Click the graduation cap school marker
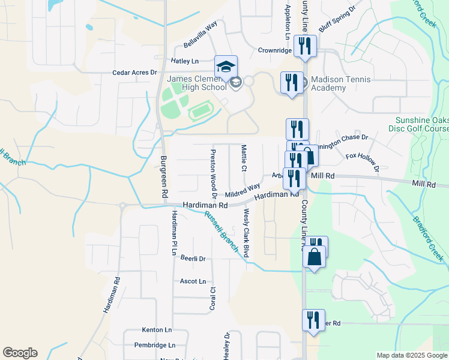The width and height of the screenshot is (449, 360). pyautogui.click(x=226, y=67)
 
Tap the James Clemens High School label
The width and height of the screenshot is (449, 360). pyautogui.click(x=197, y=83)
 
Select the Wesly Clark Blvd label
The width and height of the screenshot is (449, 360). pyautogui.click(x=246, y=234)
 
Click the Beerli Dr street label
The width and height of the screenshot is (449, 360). pyautogui.click(x=193, y=259)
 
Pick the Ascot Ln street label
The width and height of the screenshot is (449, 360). pyautogui.click(x=193, y=281)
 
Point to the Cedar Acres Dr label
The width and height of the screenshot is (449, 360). pyautogui.click(x=134, y=73)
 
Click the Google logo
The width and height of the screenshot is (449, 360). pyautogui.click(x=20, y=353)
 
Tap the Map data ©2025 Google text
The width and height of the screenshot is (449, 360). pyautogui.click(x=411, y=355)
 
